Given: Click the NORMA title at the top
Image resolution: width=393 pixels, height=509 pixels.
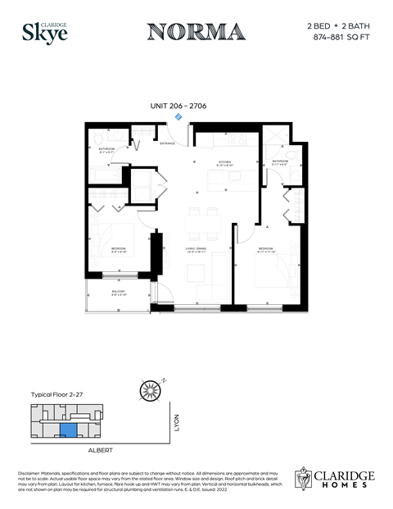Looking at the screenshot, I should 196,32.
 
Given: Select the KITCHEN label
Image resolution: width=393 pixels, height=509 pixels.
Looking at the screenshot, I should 224,162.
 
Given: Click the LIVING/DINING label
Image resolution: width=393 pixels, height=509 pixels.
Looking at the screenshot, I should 195,251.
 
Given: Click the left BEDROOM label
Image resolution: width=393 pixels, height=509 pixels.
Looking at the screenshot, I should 120,248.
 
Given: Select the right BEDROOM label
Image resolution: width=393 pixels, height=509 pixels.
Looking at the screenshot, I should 266,248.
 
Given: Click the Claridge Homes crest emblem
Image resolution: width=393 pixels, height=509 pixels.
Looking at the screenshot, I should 305,479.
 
